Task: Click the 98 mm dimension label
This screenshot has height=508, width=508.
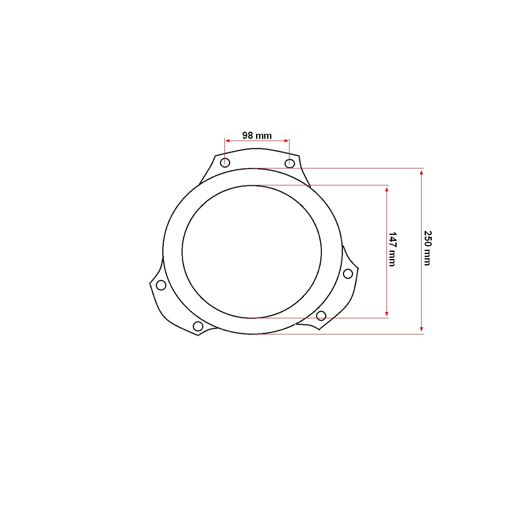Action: (257, 135)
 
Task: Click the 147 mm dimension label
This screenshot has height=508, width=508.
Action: (392, 249)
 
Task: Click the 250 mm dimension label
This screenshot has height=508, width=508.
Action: (428, 248)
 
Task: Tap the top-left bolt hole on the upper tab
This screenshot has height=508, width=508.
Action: (225, 163)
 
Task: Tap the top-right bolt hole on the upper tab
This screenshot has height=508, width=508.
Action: (290, 163)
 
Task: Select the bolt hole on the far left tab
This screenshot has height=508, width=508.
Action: (161, 285)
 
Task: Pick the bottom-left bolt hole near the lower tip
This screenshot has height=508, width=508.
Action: (198, 326)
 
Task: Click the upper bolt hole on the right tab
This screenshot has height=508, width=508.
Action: (348, 274)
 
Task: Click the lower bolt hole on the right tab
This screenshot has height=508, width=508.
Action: (321, 315)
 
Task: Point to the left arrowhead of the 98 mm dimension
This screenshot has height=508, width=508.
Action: (227, 141)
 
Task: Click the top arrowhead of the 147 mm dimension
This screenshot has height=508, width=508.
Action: (387, 188)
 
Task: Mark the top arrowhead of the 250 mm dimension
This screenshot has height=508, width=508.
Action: (421, 171)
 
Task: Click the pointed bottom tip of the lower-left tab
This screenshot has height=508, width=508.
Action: (198, 335)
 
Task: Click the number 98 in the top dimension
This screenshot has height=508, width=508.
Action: (248, 135)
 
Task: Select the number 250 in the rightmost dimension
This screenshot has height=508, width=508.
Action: (428, 239)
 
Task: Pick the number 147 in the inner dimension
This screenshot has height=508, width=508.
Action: (392, 240)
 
